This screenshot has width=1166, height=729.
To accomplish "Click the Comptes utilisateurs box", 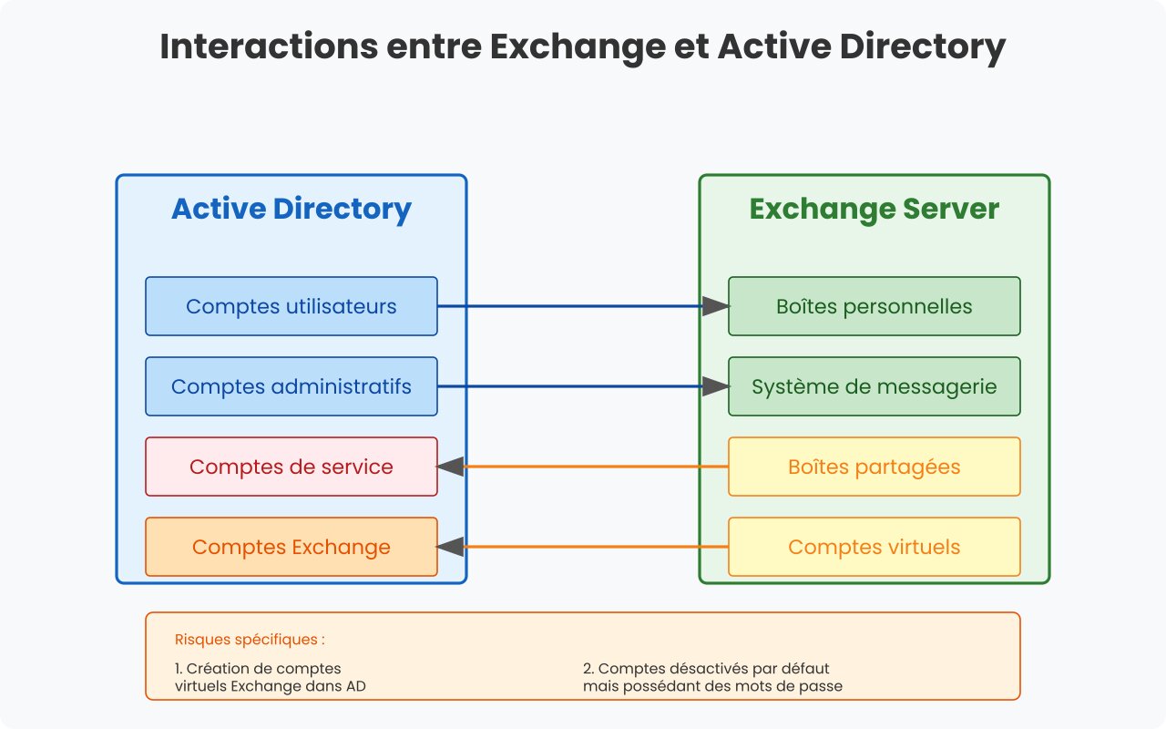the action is [291, 306].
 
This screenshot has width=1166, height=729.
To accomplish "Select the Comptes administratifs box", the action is [291, 386].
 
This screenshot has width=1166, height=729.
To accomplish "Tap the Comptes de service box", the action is [291, 467].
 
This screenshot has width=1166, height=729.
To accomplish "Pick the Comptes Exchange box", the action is [291, 547].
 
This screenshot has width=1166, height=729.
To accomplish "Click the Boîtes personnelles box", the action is [874, 306].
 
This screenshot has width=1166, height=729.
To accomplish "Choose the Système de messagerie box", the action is [874, 386].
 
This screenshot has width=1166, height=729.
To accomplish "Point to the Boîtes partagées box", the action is [874, 467].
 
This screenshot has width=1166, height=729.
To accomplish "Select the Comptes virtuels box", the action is [874, 547].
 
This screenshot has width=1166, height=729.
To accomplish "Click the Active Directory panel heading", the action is [291, 210].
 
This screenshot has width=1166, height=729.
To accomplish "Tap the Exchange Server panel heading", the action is [874, 210].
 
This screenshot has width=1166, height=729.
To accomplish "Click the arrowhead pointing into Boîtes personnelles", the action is [716, 306].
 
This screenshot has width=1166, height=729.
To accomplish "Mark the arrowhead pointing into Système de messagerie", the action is [716, 386].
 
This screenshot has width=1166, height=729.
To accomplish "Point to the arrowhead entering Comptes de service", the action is [450, 467].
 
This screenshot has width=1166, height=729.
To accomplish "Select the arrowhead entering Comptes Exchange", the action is [450, 547].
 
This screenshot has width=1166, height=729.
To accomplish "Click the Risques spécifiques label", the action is [250, 640].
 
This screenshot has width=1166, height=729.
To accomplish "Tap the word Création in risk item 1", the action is [216, 668].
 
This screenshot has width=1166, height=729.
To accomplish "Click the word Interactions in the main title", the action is [269, 46].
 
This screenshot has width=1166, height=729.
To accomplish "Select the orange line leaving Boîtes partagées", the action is [596, 467].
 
